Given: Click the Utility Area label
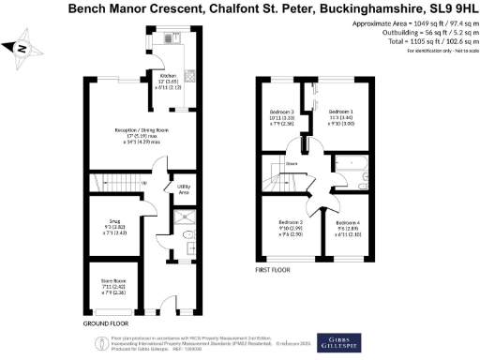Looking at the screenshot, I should tap(185, 188).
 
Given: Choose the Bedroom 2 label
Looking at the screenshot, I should tap(282, 226).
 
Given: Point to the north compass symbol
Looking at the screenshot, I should tap(22, 48).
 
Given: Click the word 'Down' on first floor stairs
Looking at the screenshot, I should tap(292, 161).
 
